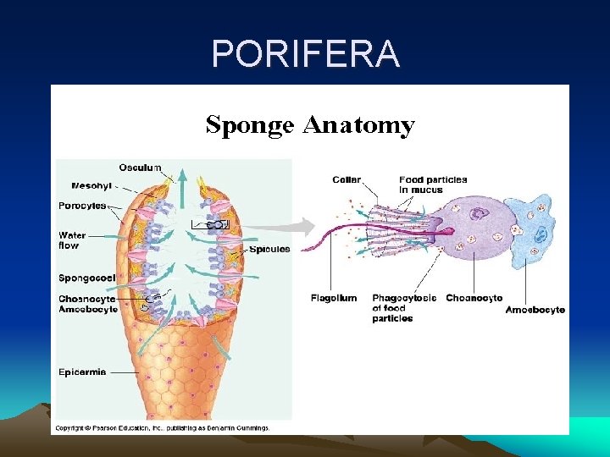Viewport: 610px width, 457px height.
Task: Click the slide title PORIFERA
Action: click(306, 54)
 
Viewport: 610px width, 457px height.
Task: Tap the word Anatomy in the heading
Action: click(358, 126)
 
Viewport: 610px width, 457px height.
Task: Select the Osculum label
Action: click(140, 168)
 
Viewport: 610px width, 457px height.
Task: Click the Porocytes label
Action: click(83, 206)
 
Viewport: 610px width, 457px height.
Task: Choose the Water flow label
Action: click(72, 240)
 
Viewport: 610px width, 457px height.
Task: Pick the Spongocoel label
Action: click(87, 278)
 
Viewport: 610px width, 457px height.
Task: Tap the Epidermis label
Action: click(83, 372)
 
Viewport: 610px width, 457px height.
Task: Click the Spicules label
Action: click(269, 250)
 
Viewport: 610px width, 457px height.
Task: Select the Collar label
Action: click(347, 180)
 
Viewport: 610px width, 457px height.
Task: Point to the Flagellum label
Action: click(335, 298)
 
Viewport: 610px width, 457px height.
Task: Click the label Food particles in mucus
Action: click(433, 185)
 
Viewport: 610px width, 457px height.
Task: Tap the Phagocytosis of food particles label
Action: click(403, 308)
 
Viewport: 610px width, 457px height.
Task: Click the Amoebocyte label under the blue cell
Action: click(535, 310)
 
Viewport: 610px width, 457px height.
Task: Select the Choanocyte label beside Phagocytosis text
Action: click(474, 298)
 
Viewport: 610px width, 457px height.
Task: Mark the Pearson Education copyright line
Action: click(162, 428)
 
